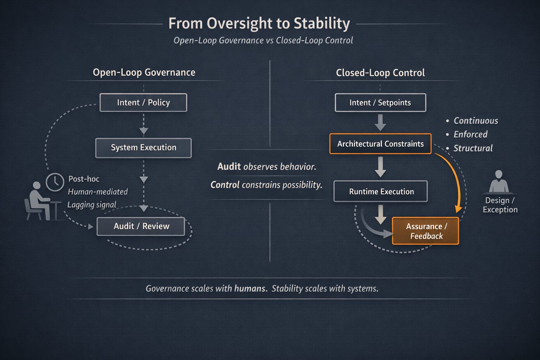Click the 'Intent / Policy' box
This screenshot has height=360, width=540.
143,103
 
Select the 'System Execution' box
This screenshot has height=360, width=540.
143,148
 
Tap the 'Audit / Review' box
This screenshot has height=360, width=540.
141,226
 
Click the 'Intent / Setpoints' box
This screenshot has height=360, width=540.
380,103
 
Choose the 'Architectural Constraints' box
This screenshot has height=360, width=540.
380,144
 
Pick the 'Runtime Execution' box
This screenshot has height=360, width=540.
381,192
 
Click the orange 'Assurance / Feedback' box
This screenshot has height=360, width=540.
425,231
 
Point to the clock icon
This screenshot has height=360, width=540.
55,182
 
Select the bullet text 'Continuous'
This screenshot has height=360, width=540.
476,121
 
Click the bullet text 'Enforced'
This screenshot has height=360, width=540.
470,134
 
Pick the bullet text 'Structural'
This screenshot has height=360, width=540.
473,148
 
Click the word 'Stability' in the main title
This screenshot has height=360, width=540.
322,24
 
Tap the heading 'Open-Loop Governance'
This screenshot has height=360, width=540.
144,72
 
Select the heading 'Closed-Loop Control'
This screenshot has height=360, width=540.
380,73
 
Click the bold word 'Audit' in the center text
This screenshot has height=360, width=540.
229,167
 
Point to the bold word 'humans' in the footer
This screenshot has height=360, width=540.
250,289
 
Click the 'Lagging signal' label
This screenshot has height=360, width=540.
92,205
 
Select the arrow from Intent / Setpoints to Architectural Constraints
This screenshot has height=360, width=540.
380,122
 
